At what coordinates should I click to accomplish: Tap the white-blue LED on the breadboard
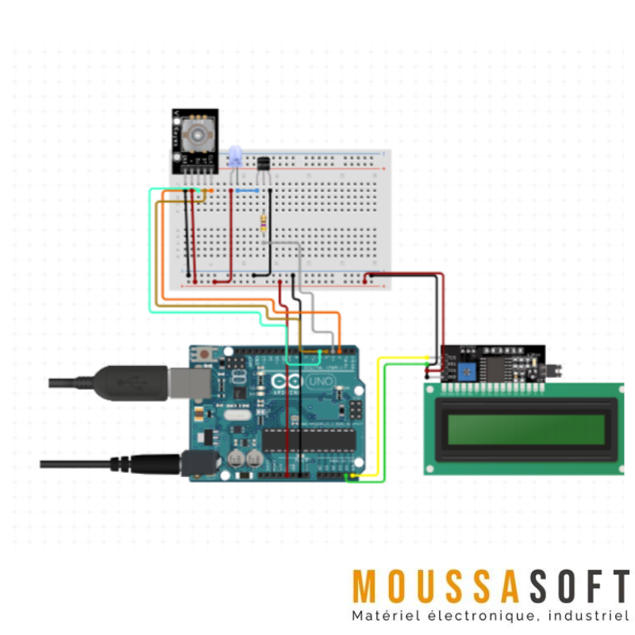pyautogui.click(x=234, y=156)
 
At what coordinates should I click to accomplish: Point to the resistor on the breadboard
pyautogui.click(x=264, y=223)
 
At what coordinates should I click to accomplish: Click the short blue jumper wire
pyautogui.click(x=248, y=191)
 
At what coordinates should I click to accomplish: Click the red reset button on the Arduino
pyautogui.click(x=206, y=354)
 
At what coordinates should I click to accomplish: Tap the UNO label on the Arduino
pyautogui.click(x=319, y=382)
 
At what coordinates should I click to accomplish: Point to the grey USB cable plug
pyautogui.click(x=132, y=382)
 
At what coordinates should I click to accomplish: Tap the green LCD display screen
pyautogui.click(x=523, y=429)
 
